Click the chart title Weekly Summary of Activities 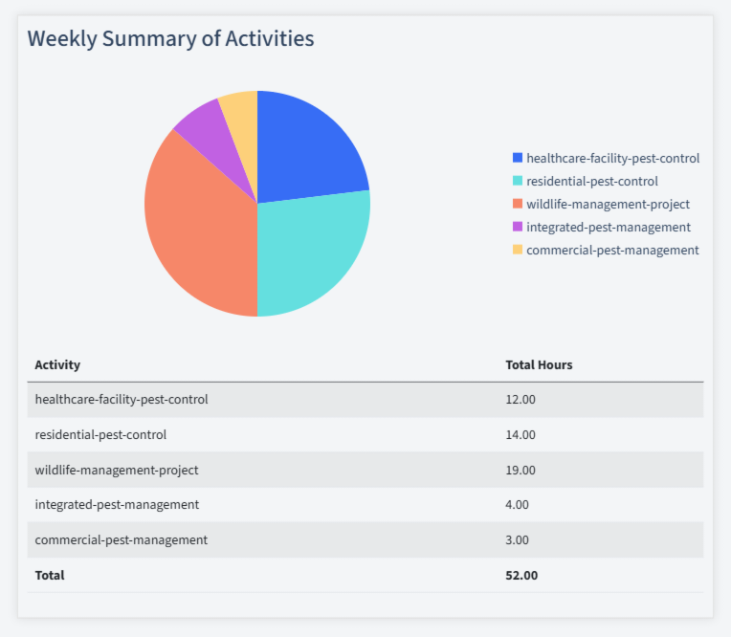170,38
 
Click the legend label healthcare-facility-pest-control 612,158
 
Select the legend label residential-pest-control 591,181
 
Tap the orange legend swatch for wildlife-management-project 518,204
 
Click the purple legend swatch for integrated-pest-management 518,227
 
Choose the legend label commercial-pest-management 612,250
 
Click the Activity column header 57,364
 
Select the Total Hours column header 539,364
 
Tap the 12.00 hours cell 521,399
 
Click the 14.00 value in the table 521,434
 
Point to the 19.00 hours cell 521,470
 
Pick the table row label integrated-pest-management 117,504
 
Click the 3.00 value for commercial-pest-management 517,539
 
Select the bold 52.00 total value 521,575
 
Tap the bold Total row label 50,575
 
